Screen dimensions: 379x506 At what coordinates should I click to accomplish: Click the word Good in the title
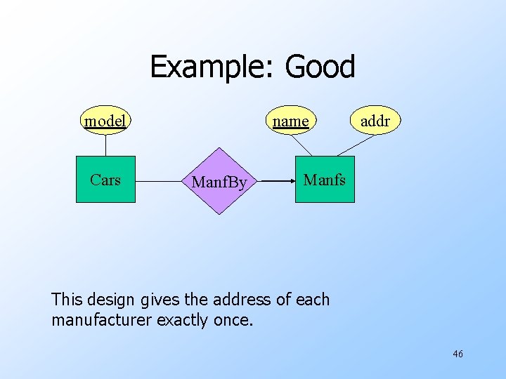[x=320, y=67]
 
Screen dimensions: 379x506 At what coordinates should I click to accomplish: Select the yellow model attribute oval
[x=105, y=121]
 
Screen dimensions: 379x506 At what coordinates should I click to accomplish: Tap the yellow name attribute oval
[x=291, y=121]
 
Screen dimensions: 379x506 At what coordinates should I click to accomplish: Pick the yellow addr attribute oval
[x=375, y=121]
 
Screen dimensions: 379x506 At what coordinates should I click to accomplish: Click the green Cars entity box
[x=105, y=180]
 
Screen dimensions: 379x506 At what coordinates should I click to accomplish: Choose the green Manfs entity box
[x=325, y=180]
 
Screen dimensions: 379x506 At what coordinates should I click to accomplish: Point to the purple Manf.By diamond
[x=219, y=182]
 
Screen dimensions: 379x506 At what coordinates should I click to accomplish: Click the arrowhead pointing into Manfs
[x=290, y=181]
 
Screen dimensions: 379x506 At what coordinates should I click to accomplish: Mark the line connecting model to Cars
[x=105, y=145]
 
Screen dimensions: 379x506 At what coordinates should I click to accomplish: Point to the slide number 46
[x=458, y=354]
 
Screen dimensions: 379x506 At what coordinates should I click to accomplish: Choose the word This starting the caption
[x=67, y=300]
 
